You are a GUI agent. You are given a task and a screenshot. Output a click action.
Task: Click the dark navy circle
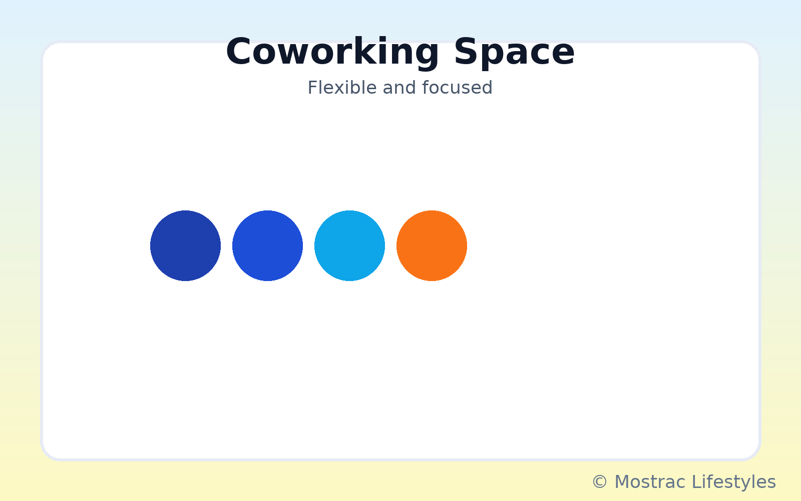[x=185, y=246]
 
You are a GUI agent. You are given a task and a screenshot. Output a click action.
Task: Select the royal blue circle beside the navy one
[x=267, y=246]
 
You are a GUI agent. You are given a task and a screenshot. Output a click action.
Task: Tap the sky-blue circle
[x=349, y=246]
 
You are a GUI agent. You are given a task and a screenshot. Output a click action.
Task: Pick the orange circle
[x=432, y=246]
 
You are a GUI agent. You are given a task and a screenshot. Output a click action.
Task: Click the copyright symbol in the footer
[x=600, y=481]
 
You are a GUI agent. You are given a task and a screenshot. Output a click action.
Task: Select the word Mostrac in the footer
[x=650, y=481]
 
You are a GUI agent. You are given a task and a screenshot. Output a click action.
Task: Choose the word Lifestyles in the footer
[x=734, y=481]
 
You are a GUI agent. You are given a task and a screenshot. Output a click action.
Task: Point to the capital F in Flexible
[x=312, y=88]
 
